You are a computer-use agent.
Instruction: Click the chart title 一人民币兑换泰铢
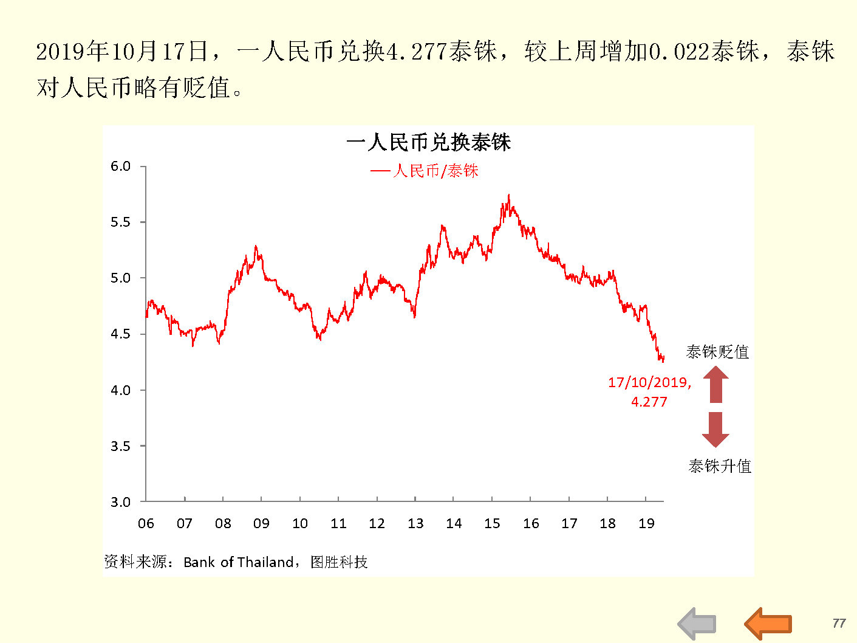(x=428, y=142)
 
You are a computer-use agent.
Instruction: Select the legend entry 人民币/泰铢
(x=425, y=171)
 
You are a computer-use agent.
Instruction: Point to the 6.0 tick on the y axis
(x=120, y=167)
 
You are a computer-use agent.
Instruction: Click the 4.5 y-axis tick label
(x=120, y=334)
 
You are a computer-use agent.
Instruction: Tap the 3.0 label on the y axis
(x=120, y=502)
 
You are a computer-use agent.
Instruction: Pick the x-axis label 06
(x=146, y=523)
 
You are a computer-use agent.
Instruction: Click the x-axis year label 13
(x=415, y=523)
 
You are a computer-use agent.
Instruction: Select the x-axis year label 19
(x=646, y=523)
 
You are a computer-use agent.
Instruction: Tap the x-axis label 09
(x=261, y=523)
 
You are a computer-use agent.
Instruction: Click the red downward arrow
(x=715, y=429)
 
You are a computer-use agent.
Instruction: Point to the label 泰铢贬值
(x=717, y=352)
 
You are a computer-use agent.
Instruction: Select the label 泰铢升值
(x=720, y=466)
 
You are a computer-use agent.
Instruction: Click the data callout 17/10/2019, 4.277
(x=649, y=391)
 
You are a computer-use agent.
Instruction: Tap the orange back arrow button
(x=768, y=623)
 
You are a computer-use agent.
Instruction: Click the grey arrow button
(x=697, y=623)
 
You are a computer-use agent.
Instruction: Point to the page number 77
(x=839, y=623)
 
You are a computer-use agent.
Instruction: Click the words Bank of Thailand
(x=239, y=562)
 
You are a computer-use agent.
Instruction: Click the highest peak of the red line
(x=508, y=196)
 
